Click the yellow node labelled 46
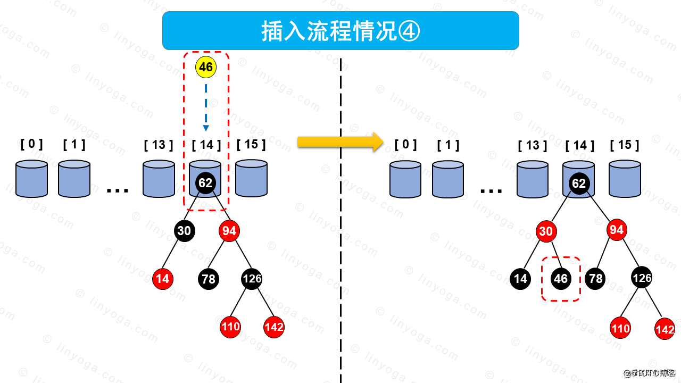(x=206, y=68)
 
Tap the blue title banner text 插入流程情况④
(x=340, y=31)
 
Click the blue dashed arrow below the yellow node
(x=206, y=106)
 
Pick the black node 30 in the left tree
(x=184, y=231)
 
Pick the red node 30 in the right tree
(x=546, y=231)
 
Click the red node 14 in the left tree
(x=163, y=279)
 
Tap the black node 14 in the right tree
(x=520, y=279)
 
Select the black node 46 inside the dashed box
(x=561, y=279)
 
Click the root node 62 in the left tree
(x=205, y=183)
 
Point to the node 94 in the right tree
(x=616, y=230)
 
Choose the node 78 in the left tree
(x=209, y=279)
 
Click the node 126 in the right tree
(x=642, y=278)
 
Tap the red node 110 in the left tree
(x=230, y=327)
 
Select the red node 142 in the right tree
(x=665, y=329)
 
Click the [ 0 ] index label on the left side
(x=31, y=144)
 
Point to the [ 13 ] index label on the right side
(x=533, y=145)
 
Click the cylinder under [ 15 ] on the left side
(x=251, y=178)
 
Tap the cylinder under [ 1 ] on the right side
(x=448, y=179)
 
